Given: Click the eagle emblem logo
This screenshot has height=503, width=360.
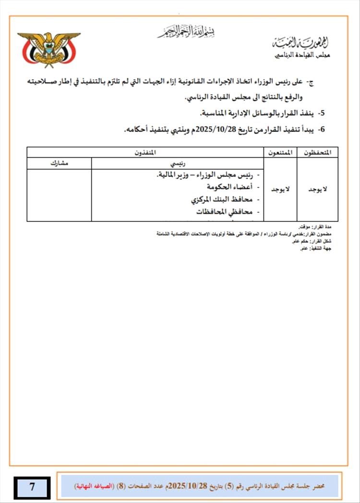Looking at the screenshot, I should pos(48,49).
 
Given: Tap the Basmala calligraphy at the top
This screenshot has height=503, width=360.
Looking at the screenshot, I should pos(186,32).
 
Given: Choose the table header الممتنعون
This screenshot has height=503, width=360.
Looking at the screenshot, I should pos(281,152).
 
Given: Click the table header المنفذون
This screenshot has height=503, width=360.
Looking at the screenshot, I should pos(145,152).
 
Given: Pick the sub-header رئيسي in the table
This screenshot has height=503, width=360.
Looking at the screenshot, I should pos(178,163).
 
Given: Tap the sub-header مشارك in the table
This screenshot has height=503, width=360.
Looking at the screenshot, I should pos(59,163).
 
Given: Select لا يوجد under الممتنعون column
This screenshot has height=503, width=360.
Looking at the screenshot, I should pos(281,190).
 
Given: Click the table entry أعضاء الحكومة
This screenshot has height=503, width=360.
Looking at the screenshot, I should pos(229,186).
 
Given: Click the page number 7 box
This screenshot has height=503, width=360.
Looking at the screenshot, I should pos(32,487).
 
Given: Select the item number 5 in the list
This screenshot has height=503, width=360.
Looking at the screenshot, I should pos(322,113).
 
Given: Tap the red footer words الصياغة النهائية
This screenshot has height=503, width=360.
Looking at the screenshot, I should pos(93,486).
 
